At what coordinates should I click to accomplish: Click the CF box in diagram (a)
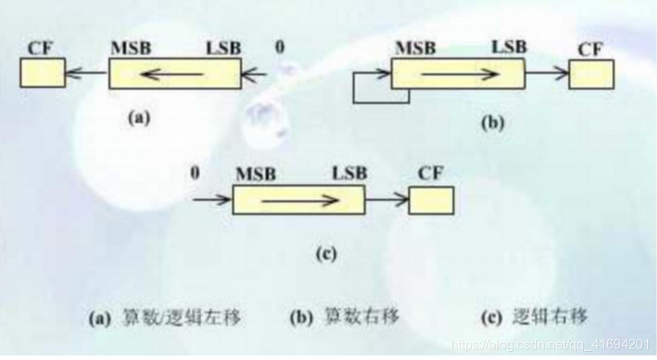click(x=42, y=75)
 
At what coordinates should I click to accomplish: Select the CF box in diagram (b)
click(x=591, y=74)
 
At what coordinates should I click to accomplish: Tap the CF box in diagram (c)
click(x=431, y=200)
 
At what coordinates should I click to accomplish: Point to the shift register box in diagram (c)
click(x=298, y=199)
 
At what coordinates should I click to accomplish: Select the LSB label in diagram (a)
click(x=223, y=48)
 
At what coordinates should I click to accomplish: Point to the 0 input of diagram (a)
click(x=281, y=48)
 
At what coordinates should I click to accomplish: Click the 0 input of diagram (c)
click(x=195, y=174)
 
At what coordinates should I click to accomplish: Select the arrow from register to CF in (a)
click(x=86, y=75)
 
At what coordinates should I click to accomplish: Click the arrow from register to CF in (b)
click(x=547, y=74)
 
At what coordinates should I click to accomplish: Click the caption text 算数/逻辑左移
click(x=169, y=317)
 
